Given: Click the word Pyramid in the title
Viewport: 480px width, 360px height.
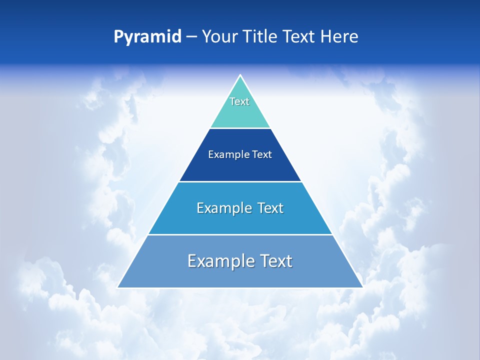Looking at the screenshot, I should click(147, 37).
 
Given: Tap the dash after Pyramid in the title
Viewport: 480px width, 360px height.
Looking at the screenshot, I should click(191, 37).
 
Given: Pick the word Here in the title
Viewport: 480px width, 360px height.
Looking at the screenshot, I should click(340, 37).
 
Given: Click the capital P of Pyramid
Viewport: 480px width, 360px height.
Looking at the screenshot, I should click(118, 37).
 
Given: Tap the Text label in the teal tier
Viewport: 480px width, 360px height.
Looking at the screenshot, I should click(239, 101).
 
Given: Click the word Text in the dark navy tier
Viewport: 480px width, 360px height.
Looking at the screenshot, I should click(262, 154).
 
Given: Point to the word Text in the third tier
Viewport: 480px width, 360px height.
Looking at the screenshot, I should click(270, 208).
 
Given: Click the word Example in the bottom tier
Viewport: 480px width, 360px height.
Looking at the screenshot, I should click(220, 261).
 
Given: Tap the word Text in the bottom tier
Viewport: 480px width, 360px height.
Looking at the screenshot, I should click(275, 261).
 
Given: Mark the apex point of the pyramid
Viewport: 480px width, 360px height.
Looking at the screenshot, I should click(240, 75).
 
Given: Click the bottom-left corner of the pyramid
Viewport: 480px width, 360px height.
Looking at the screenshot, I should click(118, 287).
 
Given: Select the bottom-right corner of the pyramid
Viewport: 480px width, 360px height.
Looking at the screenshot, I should click(362, 287).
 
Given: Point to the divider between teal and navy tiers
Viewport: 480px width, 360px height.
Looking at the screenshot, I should click(240, 128).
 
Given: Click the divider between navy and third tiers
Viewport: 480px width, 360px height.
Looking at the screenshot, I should click(240, 181).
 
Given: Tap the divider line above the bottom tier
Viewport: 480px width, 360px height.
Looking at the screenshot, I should click(240, 234).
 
